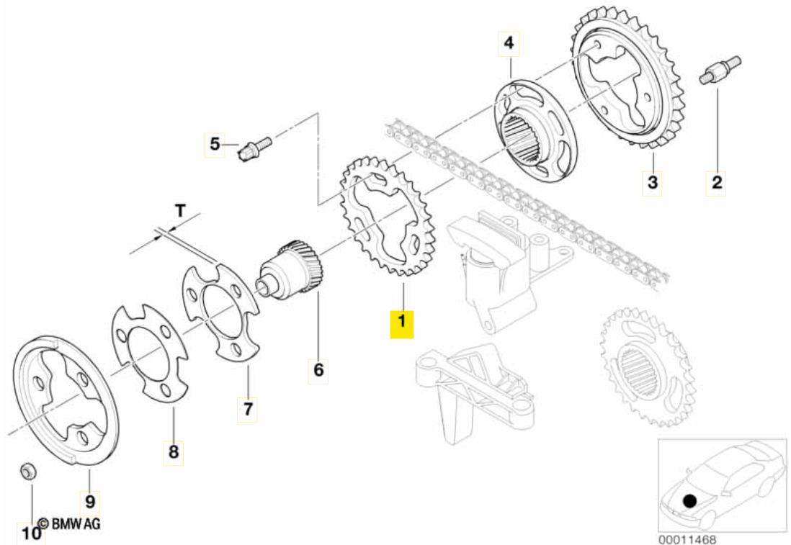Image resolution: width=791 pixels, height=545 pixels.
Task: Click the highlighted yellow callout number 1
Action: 402,324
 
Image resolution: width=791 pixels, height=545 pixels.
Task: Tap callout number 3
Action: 652,182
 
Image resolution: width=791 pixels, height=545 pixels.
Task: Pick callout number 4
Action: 509,44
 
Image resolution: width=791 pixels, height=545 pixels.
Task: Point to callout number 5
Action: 215,144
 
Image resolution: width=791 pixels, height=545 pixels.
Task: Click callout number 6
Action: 318,371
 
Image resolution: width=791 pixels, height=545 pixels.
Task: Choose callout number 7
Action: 247,409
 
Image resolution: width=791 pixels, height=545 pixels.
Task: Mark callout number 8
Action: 173,451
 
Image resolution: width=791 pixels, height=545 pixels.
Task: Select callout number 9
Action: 91,500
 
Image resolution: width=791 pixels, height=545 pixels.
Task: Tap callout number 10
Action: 31,534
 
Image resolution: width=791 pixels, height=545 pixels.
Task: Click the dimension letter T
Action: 179,210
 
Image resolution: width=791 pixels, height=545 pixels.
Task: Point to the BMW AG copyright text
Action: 69,524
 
